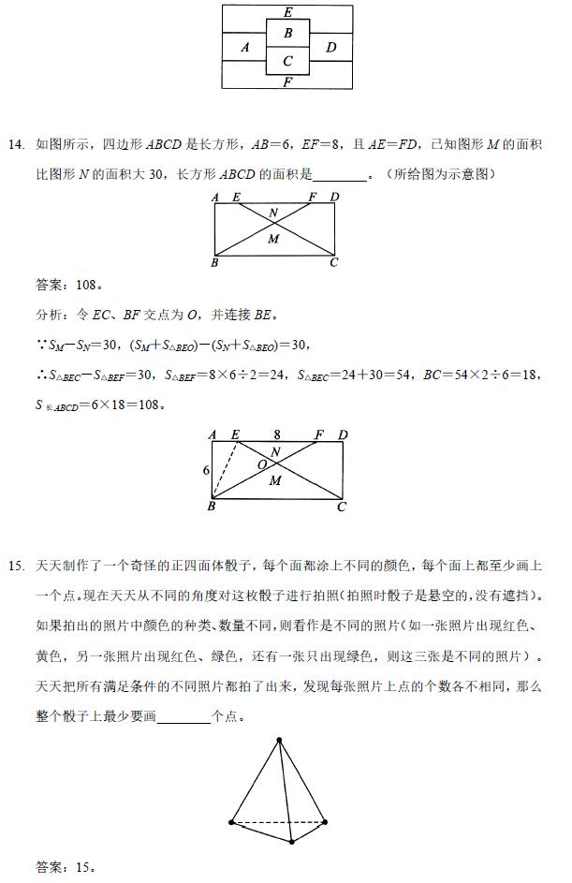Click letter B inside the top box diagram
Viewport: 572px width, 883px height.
coord(288,34)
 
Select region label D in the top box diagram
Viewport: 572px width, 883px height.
coord(330,47)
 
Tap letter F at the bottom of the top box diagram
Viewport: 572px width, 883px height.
coord(287,81)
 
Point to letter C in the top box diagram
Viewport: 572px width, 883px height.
coord(288,62)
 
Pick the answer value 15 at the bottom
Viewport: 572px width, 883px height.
coord(85,866)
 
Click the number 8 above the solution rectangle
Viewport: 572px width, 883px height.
coord(277,434)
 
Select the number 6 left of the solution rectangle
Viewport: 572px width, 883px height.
coord(206,470)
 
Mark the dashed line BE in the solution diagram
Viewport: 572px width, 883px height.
coord(224,472)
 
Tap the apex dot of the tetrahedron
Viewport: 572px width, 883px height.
coord(279,741)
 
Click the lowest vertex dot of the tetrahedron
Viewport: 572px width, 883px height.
coord(292,842)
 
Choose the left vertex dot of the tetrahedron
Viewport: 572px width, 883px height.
coord(231,822)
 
